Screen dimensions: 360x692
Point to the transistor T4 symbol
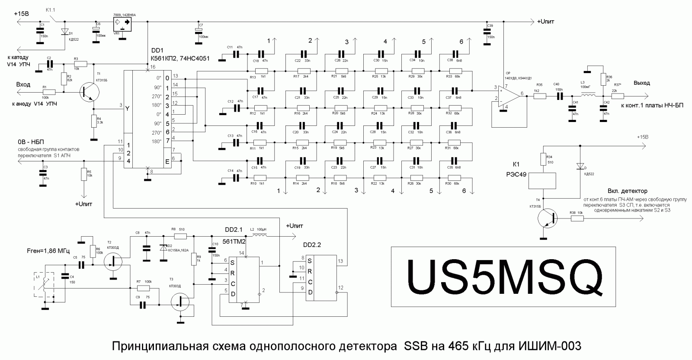point(548,219)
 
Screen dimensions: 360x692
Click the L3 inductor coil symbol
point(588,96)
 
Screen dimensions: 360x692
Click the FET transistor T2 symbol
point(114,260)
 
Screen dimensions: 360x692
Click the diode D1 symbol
point(65,32)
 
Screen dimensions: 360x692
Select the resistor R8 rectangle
point(180,236)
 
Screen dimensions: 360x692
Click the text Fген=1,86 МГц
point(48,251)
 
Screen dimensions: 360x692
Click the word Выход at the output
point(641,83)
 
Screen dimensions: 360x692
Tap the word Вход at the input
point(23,84)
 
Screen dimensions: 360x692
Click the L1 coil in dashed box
point(44,284)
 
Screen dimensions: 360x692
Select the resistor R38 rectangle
point(577,219)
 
